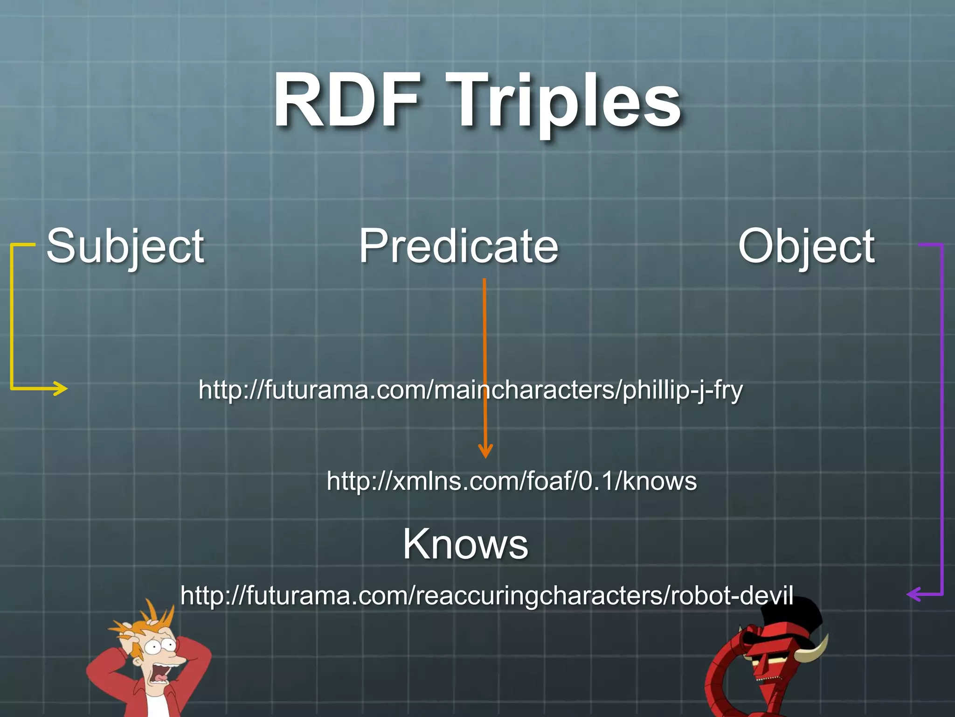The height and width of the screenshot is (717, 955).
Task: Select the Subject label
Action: [x=125, y=246]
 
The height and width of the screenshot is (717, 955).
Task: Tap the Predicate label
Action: [x=458, y=246]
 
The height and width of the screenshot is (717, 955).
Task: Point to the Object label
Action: [x=806, y=246]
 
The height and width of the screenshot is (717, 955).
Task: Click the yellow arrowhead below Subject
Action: [x=62, y=388]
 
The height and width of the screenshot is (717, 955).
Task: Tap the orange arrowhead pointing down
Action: [x=485, y=451]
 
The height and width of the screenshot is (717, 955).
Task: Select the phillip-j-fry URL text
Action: [x=471, y=390]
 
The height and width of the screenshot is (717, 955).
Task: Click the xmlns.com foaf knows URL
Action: [x=512, y=481]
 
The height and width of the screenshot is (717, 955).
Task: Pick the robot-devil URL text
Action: [x=486, y=595]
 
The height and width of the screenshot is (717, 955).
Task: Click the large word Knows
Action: [x=465, y=544]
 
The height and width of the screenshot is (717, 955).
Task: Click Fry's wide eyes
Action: [x=159, y=647]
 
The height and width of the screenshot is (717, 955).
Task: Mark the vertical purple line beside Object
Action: [x=942, y=420]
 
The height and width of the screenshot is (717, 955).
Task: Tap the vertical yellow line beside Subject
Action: [x=12, y=317]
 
